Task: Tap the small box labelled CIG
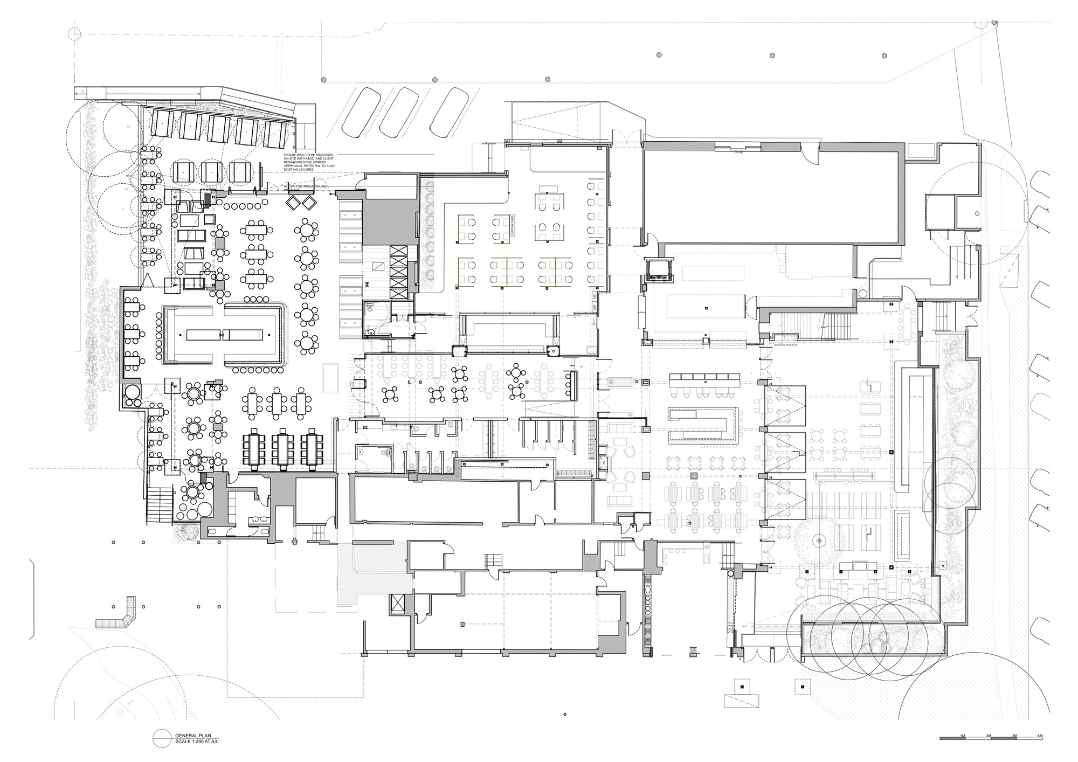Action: pyautogui.click(x=595, y=297)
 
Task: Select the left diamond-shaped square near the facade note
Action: pyautogui.click(x=295, y=203)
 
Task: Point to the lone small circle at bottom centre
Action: pyautogui.click(x=564, y=715)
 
